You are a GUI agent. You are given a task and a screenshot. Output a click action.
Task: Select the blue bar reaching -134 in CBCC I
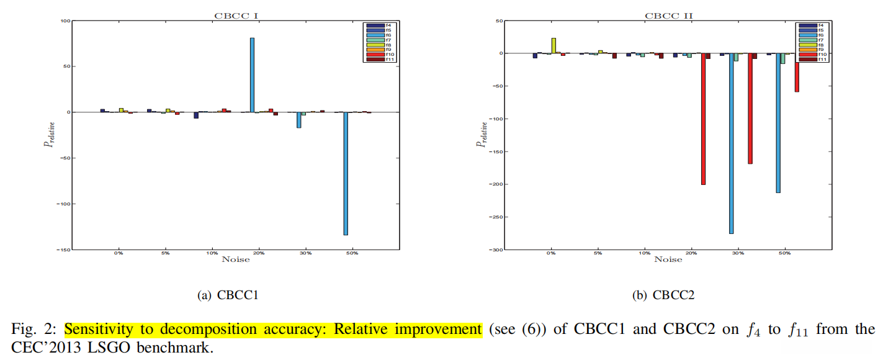pos(346,173)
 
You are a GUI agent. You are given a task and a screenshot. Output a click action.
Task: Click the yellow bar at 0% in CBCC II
pos(553,45)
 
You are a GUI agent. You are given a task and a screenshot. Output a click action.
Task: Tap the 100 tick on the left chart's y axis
pos(64,21)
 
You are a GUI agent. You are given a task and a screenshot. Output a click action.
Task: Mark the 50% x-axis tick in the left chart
pos(352,254)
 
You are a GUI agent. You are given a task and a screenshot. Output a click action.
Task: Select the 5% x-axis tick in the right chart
pos(598,254)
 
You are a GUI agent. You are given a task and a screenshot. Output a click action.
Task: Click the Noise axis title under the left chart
pos(236,259)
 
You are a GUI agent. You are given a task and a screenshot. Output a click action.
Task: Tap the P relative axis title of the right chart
pos(481,135)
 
